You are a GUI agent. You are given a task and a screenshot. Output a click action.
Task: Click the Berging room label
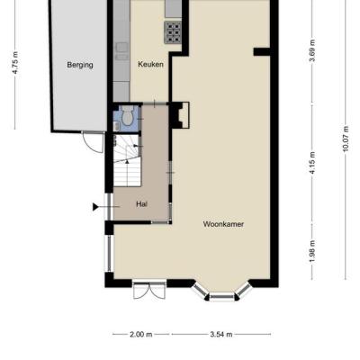(x=80, y=65)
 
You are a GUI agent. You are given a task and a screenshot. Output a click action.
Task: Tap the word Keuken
(x=150, y=64)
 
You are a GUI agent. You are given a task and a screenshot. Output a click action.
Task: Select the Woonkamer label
(x=223, y=224)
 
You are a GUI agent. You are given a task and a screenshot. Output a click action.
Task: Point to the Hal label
(x=141, y=204)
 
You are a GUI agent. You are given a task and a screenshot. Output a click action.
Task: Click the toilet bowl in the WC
(x=128, y=116)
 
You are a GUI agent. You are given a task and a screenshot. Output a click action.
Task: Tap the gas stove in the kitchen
(x=173, y=31)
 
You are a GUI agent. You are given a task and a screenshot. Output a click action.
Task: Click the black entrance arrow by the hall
(x=95, y=207)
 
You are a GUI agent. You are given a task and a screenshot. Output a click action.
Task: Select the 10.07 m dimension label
(x=346, y=139)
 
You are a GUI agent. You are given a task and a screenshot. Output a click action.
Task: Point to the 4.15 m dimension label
(x=312, y=163)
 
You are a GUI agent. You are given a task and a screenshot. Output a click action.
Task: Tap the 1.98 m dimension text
(x=312, y=251)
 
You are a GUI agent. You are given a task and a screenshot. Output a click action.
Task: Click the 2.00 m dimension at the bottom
(x=141, y=334)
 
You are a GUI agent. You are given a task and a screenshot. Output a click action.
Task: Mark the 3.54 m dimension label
(x=221, y=334)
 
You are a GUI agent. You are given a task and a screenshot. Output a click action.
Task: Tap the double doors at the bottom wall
(x=149, y=291)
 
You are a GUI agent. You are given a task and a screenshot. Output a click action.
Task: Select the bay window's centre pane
(x=222, y=296)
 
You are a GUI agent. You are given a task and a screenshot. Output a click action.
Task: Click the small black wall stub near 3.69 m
(x=262, y=52)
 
